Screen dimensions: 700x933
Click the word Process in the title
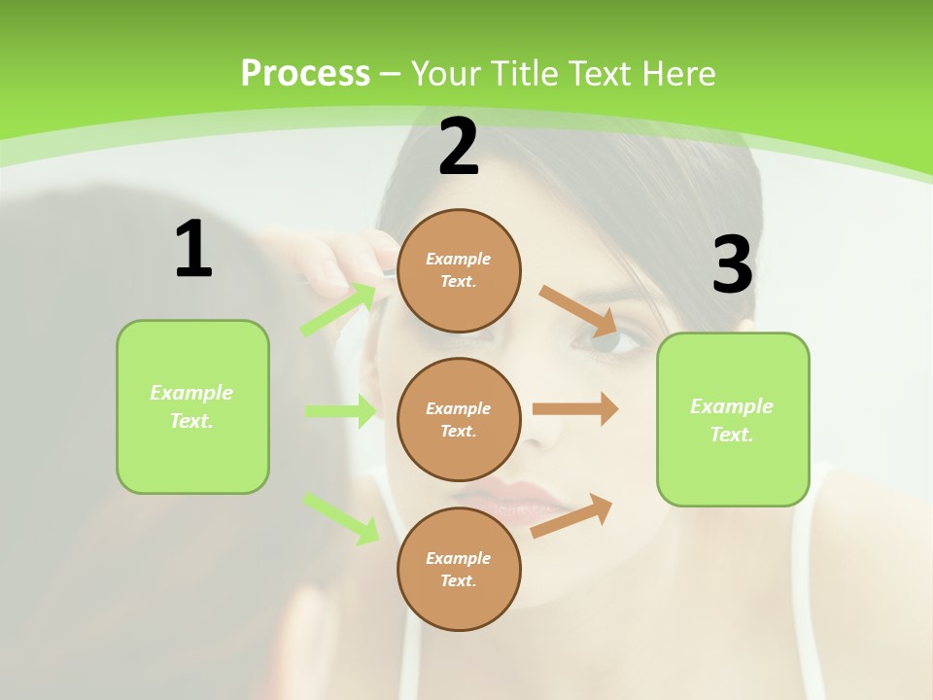pos(305,74)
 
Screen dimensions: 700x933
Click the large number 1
pos(193,249)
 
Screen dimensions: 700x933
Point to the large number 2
pos(459,147)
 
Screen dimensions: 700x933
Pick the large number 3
pos(732,264)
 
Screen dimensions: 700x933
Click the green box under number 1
pos(192,406)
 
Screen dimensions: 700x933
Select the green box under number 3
pos(733,420)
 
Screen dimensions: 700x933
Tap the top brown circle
pos(459,270)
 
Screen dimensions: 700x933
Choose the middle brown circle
pos(459,419)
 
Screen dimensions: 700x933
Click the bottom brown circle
pos(459,569)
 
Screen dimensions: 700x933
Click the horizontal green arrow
pos(340,411)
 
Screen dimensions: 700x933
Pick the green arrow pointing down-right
pos(341,517)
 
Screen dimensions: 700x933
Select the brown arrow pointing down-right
pos(579,308)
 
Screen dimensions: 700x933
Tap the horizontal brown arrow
pos(575,409)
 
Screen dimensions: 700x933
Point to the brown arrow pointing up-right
pos(572,515)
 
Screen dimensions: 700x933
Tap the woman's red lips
pos(530,501)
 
